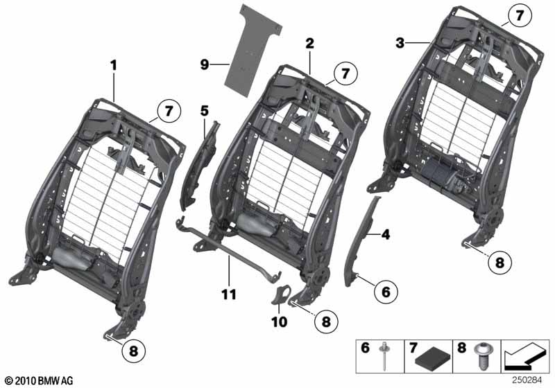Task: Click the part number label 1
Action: [113, 65]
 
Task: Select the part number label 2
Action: [309, 44]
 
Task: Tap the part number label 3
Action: [400, 43]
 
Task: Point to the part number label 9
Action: [205, 64]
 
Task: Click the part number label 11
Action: [229, 294]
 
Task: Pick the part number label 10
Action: [280, 322]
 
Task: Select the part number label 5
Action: [205, 111]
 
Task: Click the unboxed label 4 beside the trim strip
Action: [386, 234]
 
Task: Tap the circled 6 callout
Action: [386, 292]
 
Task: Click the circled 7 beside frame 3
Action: [520, 16]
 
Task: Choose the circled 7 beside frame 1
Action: [169, 112]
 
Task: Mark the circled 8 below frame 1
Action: [133, 351]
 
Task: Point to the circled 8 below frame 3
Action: [499, 263]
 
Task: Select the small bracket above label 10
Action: [281, 294]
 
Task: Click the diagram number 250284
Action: [527, 380]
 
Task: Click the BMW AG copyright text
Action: [40, 380]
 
